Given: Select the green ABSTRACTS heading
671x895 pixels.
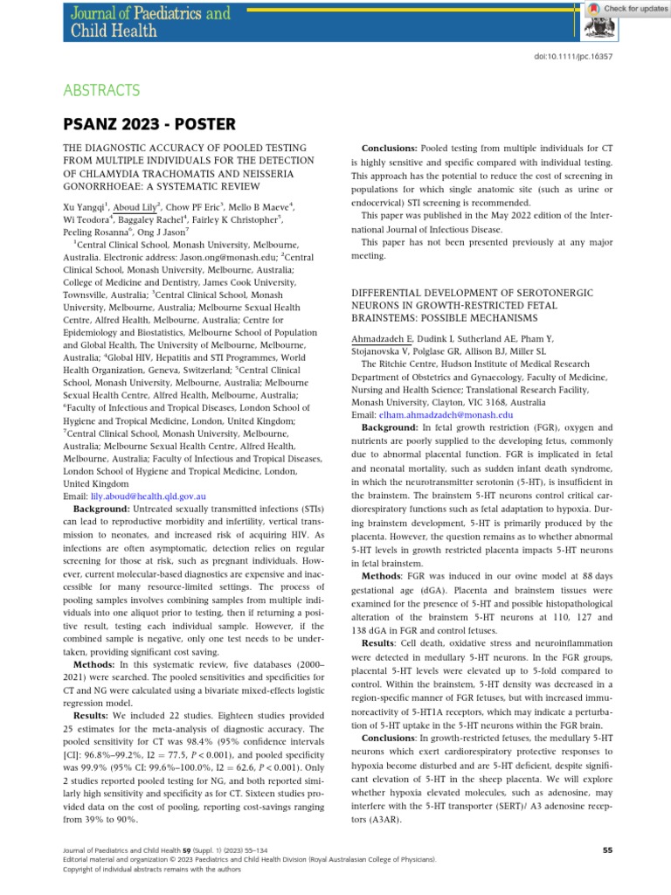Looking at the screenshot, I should coord(101,90).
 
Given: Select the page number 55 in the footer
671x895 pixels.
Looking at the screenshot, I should coord(609,850).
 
